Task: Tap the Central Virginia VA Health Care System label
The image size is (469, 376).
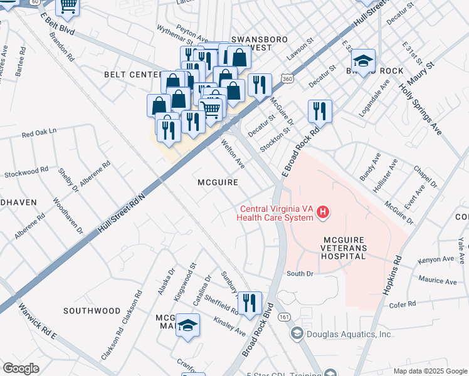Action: coord(275,213)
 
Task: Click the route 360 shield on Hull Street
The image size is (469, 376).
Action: coord(287,79)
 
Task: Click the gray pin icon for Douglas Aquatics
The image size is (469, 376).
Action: coord(296,334)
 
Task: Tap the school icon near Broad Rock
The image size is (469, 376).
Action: coord(363,60)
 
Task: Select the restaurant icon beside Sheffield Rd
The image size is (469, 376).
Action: coord(250,302)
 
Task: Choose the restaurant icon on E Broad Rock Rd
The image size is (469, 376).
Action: coord(320,111)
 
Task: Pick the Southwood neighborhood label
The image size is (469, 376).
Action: coord(92,310)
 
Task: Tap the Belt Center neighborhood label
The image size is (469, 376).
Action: coord(134,75)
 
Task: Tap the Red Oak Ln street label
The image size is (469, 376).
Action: coord(39,133)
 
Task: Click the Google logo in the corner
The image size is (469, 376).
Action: coord(21,368)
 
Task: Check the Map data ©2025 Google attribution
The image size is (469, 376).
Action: coord(429,371)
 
